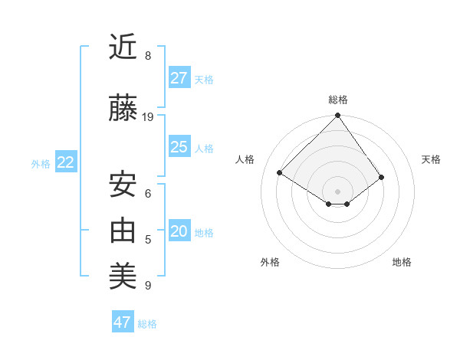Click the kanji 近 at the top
(x=123, y=47)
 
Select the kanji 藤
(x=123, y=110)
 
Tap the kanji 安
(x=123, y=185)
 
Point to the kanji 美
(x=123, y=275)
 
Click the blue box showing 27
(x=179, y=78)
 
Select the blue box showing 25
(x=179, y=147)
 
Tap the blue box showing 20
(x=179, y=232)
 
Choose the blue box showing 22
(x=66, y=162)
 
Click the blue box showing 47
(x=123, y=322)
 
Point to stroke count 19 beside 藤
(x=148, y=117)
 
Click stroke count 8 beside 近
(x=148, y=56)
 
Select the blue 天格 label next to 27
(x=204, y=79)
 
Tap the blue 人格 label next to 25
(x=204, y=148)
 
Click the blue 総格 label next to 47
(x=147, y=324)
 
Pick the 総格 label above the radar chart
(x=337, y=100)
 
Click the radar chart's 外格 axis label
(x=269, y=262)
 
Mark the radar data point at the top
(x=337, y=116)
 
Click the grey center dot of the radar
(x=337, y=191)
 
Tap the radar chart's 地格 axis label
(x=402, y=262)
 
